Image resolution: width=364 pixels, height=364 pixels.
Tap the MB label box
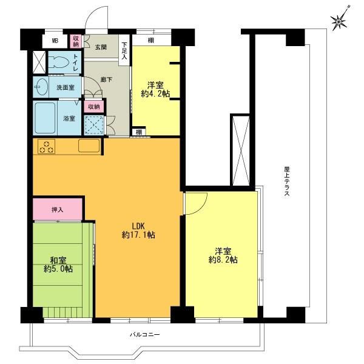click(x=55, y=41)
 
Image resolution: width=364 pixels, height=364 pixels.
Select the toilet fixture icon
click(x=59, y=62)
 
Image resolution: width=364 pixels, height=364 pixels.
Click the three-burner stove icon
click(x=47, y=146)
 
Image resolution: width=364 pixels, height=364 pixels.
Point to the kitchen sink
click(x=89, y=146)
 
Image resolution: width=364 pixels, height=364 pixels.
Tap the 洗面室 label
click(x=65, y=87)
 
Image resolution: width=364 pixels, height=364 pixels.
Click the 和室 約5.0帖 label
click(x=61, y=265)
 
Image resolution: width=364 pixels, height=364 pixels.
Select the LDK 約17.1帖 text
click(x=138, y=230)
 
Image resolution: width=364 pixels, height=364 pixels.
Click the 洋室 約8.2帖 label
click(x=222, y=255)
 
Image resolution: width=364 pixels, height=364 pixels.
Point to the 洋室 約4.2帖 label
click(x=156, y=89)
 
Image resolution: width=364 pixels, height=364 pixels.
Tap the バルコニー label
click(x=144, y=334)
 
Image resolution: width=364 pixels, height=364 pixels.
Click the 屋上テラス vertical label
click(x=285, y=180)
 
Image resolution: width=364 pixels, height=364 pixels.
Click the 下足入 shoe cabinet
click(x=124, y=49)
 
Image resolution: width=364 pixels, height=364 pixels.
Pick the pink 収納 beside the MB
click(x=76, y=41)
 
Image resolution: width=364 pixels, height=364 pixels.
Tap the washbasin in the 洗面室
click(x=42, y=86)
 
